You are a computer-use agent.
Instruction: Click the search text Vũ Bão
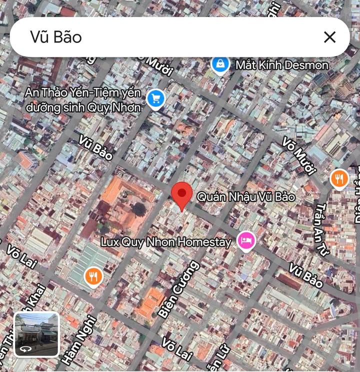(x=55, y=37)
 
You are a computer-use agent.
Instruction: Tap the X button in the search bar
(x=329, y=37)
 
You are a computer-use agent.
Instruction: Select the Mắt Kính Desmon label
(x=282, y=65)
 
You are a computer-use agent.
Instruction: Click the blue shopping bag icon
(x=220, y=64)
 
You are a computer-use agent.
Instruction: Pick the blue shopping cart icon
(x=156, y=99)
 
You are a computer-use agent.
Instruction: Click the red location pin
(x=181, y=195)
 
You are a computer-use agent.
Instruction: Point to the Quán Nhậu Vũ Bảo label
(x=245, y=197)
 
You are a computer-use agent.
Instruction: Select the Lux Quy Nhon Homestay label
(x=166, y=242)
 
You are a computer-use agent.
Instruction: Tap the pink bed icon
(x=246, y=241)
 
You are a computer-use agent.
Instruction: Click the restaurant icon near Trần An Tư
(x=339, y=178)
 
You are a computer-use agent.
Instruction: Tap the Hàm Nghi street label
(x=71, y=340)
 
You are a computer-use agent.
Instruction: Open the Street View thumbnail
(x=36, y=335)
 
